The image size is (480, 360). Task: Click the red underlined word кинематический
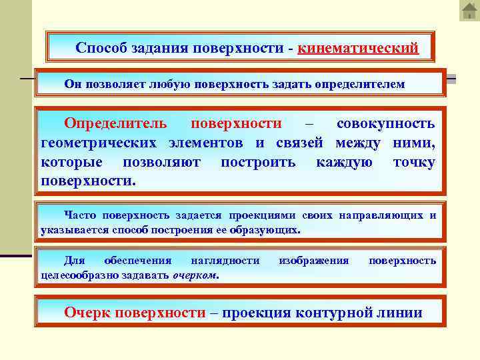(x=358, y=49)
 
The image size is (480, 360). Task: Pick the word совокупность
(x=385, y=123)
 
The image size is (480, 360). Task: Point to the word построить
(x=259, y=162)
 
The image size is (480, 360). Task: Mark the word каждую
(x=344, y=162)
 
